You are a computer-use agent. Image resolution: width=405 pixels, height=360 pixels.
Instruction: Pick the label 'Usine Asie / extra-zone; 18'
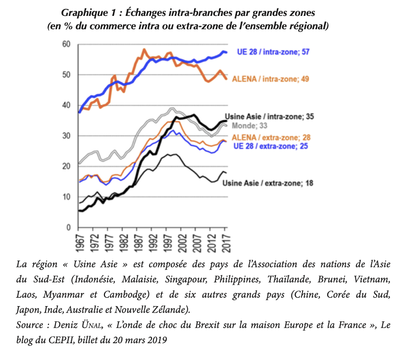267,183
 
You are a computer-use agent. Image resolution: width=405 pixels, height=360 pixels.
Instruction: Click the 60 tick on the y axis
67,45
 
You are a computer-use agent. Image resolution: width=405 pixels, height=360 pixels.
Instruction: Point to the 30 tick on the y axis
67,136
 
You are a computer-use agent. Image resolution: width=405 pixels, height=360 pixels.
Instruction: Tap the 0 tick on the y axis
69,227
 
